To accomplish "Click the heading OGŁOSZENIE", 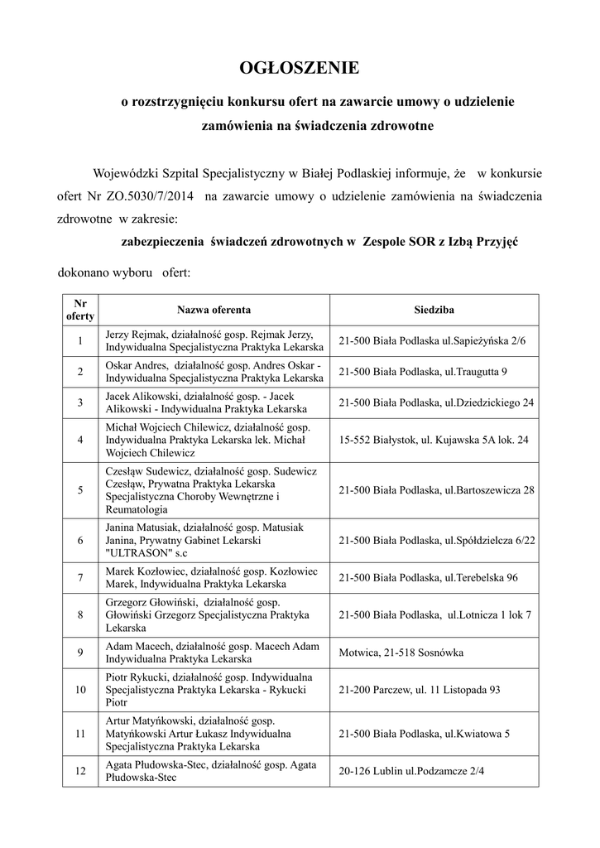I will click(300, 67).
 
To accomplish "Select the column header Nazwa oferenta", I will click(214, 310).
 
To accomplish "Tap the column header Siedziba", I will click(434, 310).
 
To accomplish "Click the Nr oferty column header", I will click(80, 310).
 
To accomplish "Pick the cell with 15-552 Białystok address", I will click(434, 440).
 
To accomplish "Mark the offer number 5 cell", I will click(80, 489).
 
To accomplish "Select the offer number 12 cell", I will click(80, 770).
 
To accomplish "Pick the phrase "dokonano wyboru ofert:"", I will click(124, 272).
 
